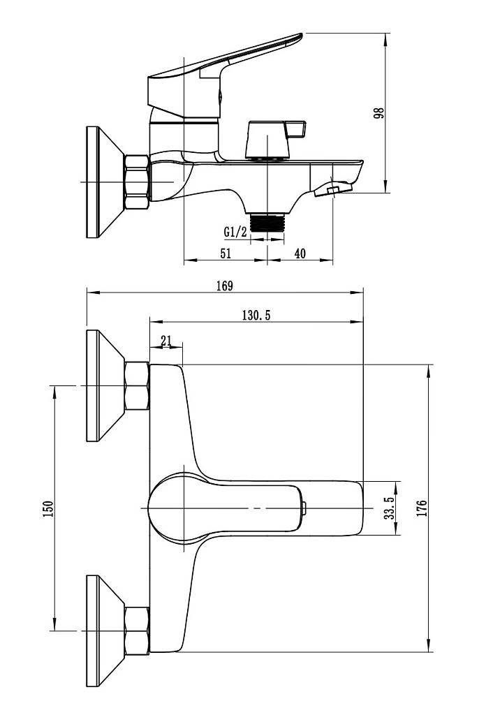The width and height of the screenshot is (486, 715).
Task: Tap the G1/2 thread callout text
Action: coord(235,232)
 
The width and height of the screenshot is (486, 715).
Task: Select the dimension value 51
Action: coord(226,253)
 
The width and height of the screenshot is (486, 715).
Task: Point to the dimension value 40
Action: coord(300,253)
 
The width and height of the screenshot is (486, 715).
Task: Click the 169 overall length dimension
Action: coord(225,286)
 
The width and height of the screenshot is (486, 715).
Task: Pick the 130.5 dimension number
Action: coord(256,315)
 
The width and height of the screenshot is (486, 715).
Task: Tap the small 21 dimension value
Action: coord(166,340)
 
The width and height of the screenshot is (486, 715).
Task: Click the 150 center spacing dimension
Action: coord(48,509)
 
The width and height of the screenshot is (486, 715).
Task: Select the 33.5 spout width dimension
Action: coord(389,508)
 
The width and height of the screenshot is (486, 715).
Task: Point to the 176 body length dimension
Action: coord(422,508)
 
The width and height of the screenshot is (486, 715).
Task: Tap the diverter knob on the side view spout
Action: coord(275,140)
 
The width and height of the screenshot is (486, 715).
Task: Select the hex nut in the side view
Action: coord(137,182)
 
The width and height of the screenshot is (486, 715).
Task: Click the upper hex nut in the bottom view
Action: coord(137,386)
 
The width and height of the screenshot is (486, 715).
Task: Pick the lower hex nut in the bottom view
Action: coord(137,631)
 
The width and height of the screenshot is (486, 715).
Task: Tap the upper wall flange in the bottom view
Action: coord(105,385)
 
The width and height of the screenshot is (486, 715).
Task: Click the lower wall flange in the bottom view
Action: coord(105,631)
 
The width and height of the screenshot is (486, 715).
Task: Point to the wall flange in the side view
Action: coord(105,182)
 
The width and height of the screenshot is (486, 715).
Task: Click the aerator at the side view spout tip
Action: coord(334,189)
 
